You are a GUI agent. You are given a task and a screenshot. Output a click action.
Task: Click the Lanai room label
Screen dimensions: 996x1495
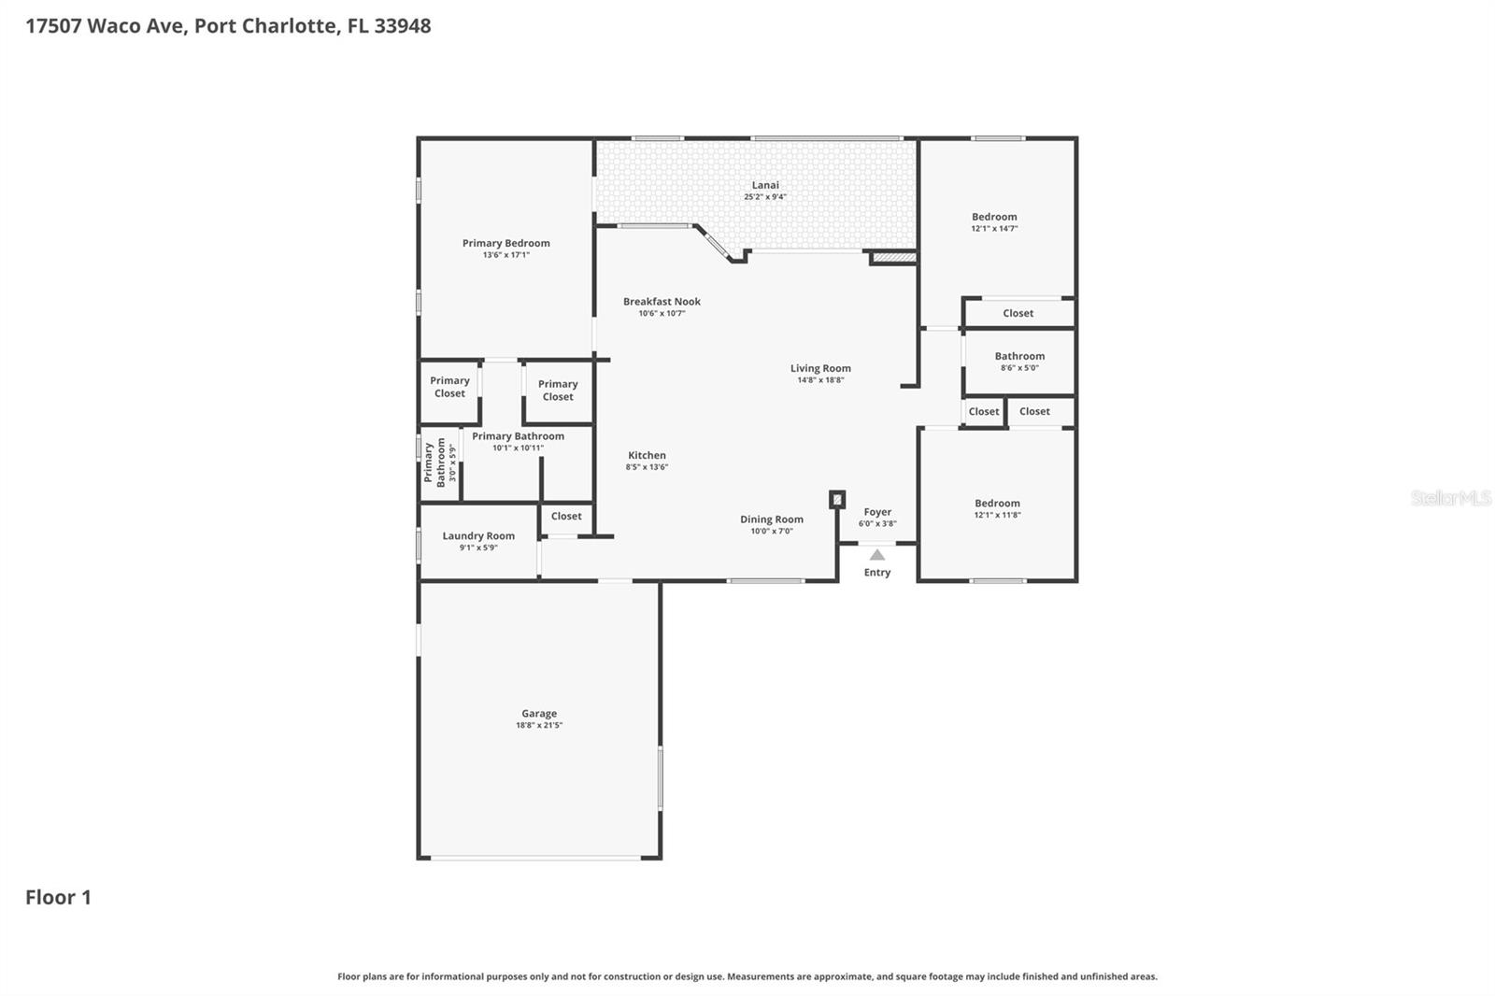tap(764, 185)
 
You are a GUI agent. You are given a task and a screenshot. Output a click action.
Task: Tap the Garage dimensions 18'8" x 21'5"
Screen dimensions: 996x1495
tap(539, 725)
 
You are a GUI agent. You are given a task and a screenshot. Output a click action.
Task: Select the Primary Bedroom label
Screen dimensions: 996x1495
tap(505, 243)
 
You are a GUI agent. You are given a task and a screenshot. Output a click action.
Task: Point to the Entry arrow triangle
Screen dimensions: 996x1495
tap(876, 555)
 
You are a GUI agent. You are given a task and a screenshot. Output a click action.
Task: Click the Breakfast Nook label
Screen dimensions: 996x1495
tap(662, 302)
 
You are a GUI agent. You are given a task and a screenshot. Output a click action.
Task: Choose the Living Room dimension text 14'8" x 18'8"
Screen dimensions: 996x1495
tap(820, 380)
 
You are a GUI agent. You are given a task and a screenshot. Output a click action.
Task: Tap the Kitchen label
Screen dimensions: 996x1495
tap(647, 455)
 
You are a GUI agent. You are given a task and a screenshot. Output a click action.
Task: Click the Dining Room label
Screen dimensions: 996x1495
tap(771, 519)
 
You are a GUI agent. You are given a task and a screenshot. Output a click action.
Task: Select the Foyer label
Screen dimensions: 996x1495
tap(877, 512)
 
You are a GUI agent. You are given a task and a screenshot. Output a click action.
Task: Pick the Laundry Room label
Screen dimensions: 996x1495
tap(478, 536)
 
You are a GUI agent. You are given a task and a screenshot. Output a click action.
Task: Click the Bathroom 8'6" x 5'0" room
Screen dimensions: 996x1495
tap(1018, 362)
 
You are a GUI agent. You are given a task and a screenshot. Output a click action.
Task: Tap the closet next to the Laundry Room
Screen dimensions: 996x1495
tap(566, 517)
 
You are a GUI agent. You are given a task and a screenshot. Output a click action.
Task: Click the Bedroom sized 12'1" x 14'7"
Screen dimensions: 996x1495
tap(994, 222)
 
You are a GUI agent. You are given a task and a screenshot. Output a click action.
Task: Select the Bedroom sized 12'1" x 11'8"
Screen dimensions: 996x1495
tap(997, 508)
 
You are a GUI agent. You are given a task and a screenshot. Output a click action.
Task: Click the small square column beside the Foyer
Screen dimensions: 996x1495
tap(837, 500)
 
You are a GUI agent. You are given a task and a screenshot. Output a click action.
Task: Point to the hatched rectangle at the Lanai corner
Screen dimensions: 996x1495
tap(893, 257)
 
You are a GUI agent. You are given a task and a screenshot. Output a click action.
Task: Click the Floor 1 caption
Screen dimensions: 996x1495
tap(58, 897)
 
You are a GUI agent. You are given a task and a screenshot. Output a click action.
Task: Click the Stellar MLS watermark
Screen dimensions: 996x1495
tap(1450, 498)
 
